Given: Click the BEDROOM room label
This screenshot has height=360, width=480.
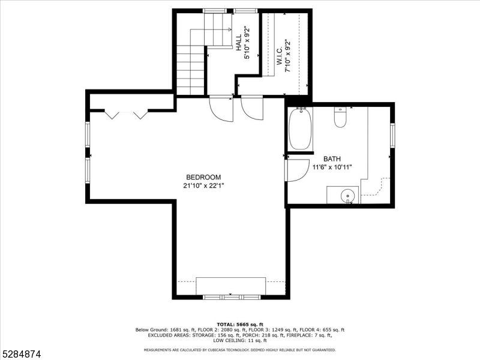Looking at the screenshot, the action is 203,177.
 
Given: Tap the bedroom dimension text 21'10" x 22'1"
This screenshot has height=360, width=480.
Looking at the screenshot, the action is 203,186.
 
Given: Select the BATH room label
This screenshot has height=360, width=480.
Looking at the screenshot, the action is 332,159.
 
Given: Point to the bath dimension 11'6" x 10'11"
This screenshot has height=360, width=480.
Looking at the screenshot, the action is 332,167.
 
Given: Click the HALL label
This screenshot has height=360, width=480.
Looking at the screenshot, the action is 239,42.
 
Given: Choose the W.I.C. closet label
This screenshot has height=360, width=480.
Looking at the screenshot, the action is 280,56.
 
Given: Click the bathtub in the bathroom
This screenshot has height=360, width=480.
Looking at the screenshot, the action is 301,128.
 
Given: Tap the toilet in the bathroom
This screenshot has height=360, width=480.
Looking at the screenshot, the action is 340,117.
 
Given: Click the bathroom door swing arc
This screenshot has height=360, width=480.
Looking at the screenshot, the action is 304,175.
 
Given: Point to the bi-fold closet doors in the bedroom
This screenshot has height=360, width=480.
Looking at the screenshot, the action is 126,114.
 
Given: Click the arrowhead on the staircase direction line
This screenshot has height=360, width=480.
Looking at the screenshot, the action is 230,29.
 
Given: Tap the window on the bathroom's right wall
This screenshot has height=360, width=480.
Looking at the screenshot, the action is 392,135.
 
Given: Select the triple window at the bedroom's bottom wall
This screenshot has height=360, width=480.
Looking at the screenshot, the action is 232,297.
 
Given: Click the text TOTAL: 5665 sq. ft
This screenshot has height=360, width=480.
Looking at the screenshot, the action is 239,325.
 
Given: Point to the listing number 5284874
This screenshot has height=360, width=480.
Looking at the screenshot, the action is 20,354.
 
